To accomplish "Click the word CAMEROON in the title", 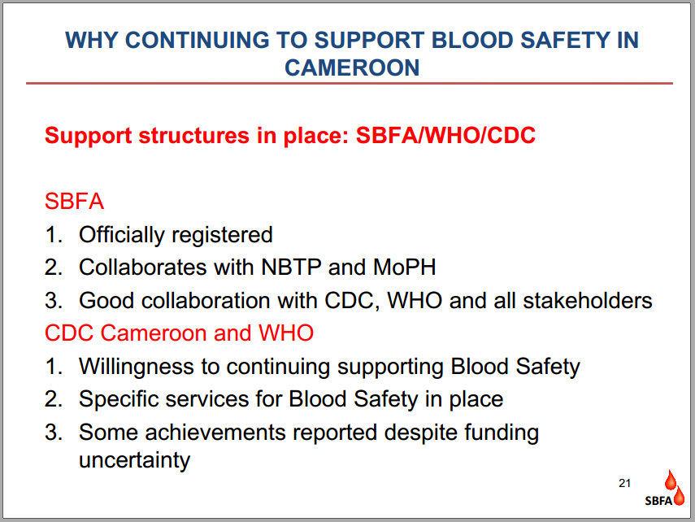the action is pos(352,67).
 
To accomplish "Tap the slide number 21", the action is pos(624,483).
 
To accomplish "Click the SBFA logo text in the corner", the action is pos(658,501).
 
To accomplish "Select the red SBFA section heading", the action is pos(74,202).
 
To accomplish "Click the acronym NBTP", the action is pos(291,267).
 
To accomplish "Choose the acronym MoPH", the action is pos(405,267).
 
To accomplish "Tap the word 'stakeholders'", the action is pos(587,301).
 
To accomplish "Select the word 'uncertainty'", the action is pos(134,461).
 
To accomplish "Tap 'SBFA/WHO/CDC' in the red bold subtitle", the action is pos(445,135).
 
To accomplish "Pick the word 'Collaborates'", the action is pos(143,267).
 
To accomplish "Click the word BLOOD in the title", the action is pos(472,41).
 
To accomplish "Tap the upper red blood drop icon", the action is pos(670,480).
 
